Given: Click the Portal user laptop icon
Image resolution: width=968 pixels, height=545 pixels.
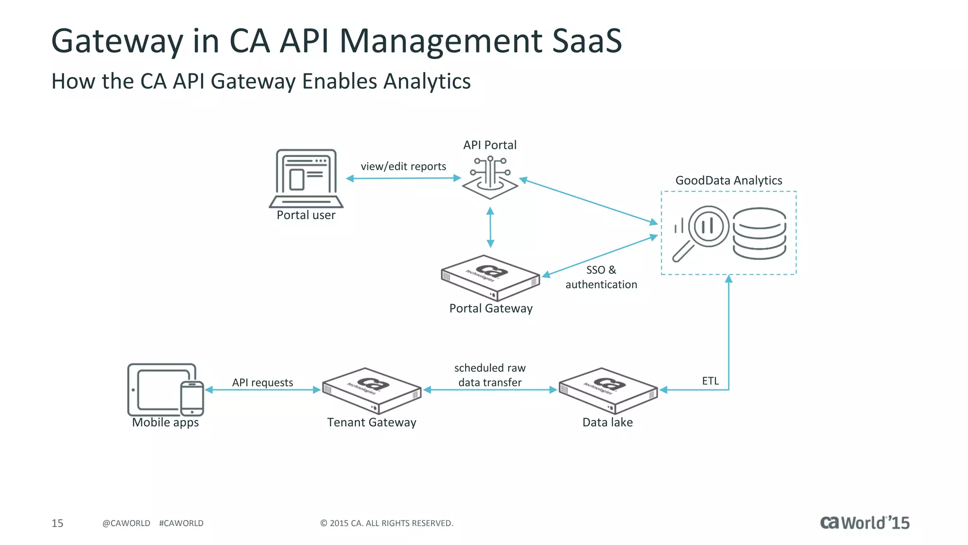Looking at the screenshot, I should coord(306,178).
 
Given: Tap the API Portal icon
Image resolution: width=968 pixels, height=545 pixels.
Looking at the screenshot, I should coord(490,178).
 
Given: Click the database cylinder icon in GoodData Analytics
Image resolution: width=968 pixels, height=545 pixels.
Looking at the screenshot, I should coord(759,233).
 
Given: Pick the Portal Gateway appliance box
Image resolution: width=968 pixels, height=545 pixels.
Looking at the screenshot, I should coord(490,278).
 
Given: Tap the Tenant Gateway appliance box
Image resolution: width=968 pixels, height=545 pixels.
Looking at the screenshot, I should coord(372,390).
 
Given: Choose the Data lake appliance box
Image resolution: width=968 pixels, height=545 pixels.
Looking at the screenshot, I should coord(608,390).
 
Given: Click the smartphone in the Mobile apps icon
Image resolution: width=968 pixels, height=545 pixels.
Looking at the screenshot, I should coord(192,398).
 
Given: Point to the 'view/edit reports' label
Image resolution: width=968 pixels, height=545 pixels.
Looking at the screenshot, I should coord(403,167).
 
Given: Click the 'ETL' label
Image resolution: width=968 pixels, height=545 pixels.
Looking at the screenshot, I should coord(710,381).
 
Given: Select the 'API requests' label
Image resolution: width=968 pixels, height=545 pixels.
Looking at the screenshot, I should coord(262,382).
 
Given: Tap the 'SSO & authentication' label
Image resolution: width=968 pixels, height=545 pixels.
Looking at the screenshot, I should coord(601,277).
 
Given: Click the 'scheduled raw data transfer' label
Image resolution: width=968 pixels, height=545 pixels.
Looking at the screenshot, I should coord(490,375).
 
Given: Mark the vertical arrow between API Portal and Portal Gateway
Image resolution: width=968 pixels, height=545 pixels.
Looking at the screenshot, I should coord(490,228).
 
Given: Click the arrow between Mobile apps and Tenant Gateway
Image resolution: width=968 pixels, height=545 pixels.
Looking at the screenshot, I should coord(263,390).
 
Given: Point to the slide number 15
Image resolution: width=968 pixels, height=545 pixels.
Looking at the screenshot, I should coord(57,523).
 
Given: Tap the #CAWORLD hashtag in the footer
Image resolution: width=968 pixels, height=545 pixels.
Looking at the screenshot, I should coord(181,523).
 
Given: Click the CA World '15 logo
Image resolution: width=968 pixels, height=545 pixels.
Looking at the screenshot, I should coord(864,523).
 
